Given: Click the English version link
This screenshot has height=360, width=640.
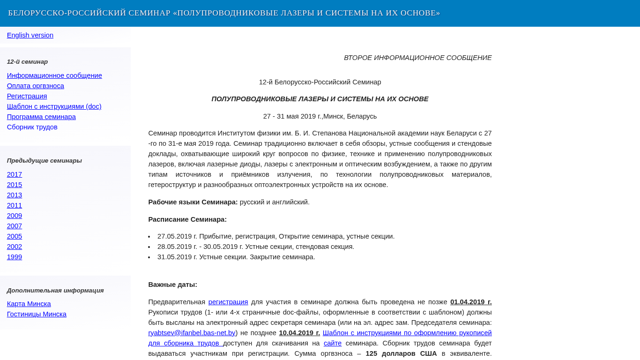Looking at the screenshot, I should tap(30, 35).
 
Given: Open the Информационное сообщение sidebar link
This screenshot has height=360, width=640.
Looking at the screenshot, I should tap(54, 75).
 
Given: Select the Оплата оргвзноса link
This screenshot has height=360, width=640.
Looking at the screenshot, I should tap(36, 86).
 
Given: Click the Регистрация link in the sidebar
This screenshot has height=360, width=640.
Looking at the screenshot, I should tap(27, 96).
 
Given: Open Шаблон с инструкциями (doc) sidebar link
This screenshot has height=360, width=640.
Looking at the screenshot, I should tap(54, 106).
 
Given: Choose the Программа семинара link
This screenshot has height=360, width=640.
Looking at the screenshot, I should tap(41, 117).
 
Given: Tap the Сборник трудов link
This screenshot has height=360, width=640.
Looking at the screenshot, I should tap(32, 127).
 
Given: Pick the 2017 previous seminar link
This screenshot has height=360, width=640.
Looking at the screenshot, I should tap(15, 174).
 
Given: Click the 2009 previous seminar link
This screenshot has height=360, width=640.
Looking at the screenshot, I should tap(15, 216).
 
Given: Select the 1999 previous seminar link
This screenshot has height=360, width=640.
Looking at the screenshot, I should tap(15, 257).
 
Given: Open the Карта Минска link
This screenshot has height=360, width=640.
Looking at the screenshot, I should tap(29, 304).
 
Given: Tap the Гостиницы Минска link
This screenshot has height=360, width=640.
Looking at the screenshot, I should tap(37, 314).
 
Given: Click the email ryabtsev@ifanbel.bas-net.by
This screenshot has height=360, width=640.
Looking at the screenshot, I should tap(192, 333).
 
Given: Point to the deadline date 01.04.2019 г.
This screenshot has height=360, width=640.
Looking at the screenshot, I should tap(471, 302).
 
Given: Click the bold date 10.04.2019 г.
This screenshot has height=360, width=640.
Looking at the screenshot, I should tap(299, 333).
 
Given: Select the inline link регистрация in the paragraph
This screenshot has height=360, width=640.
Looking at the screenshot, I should tap(228, 302).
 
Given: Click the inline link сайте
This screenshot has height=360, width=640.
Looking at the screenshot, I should tap(333, 343).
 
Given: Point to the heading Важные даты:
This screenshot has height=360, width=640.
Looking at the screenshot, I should tap(172, 285).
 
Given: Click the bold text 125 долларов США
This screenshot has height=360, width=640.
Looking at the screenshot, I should tap(401, 353).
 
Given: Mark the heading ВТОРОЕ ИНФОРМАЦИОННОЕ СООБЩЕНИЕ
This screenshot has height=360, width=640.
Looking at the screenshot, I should tap(417, 58).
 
